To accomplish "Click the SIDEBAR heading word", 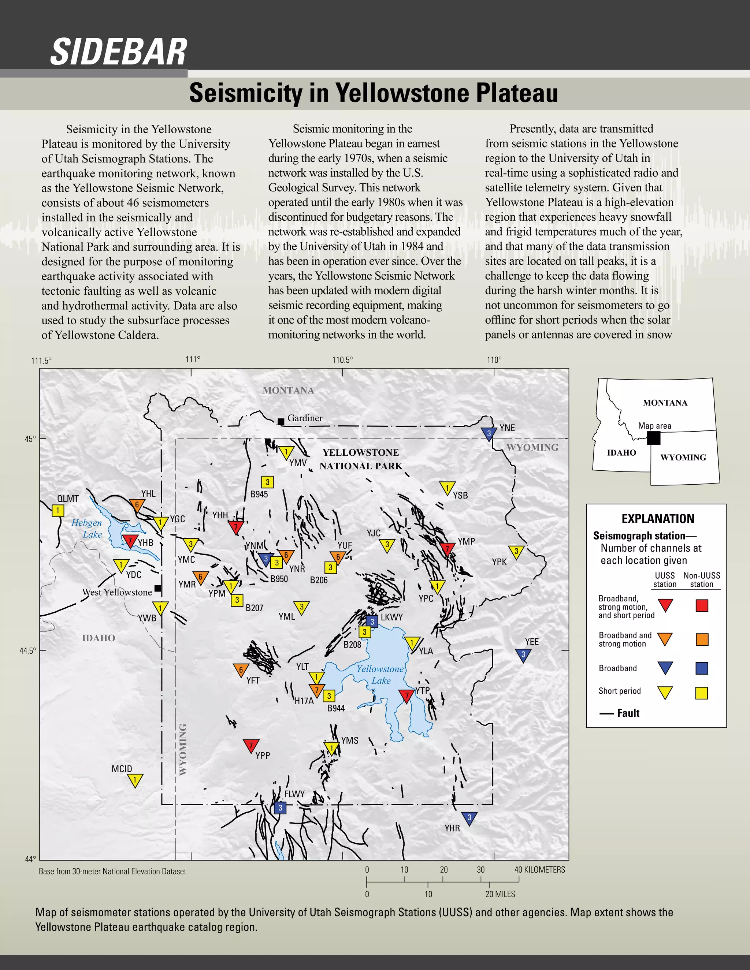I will pyautogui.click(x=119, y=52).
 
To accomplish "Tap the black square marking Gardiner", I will pyautogui.click(x=281, y=421).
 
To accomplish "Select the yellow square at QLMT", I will pyautogui.click(x=58, y=510).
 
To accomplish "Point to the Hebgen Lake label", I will pyautogui.click(x=87, y=529).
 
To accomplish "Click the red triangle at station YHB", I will pyautogui.click(x=130, y=541).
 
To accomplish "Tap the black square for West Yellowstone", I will pyautogui.click(x=158, y=589).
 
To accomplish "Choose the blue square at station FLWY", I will pyautogui.click(x=280, y=808).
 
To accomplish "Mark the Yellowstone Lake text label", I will pyautogui.click(x=380, y=674).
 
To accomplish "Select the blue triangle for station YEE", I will pyautogui.click(x=523, y=655).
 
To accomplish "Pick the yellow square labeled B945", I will pyautogui.click(x=267, y=482).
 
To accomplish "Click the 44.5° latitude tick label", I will pyautogui.click(x=28, y=651).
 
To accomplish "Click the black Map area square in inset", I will pyautogui.click(x=654, y=438).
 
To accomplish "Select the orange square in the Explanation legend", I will pyautogui.click(x=702, y=639).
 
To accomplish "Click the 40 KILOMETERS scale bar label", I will pyautogui.click(x=540, y=870).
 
